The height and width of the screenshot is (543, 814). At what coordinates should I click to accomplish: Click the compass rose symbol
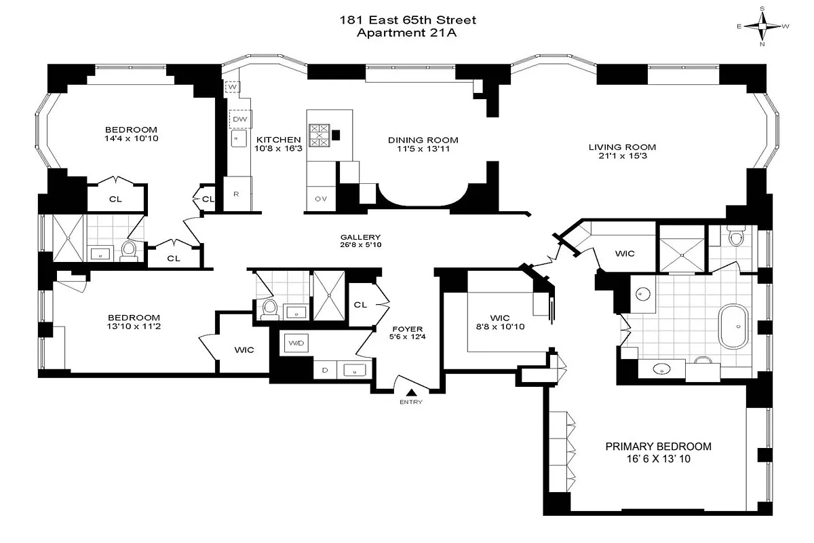[x=763, y=26]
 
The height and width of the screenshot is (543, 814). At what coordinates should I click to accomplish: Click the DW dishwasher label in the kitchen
[x=239, y=119]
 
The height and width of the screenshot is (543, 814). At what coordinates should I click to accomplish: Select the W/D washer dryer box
[x=296, y=344]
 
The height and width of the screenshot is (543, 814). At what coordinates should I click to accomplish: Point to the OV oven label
[x=321, y=199]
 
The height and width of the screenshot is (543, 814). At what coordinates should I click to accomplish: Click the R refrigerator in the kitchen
[x=236, y=194]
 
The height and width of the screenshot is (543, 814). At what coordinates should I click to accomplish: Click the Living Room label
[x=622, y=147]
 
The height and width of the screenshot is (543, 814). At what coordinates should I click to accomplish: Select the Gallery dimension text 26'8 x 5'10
[x=361, y=246]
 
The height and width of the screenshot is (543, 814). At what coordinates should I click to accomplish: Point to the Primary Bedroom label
[x=658, y=447]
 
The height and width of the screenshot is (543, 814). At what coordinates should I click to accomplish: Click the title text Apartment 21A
[x=408, y=33]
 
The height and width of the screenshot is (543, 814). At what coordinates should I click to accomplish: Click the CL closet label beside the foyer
[x=360, y=305]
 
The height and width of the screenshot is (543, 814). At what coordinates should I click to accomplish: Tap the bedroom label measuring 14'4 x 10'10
[x=131, y=130]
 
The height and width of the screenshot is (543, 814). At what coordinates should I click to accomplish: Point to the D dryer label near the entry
[x=324, y=370]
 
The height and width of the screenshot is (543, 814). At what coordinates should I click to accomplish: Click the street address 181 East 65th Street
[x=408, y=20]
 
